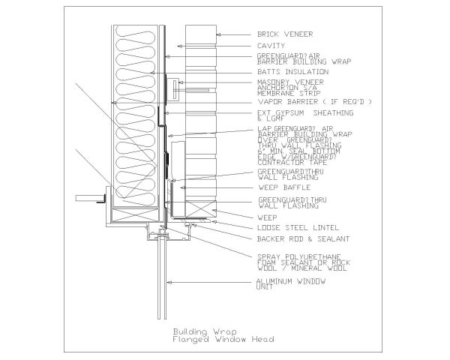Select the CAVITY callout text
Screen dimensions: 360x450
[271, 45]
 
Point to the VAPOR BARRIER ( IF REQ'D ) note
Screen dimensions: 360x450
[314, 101]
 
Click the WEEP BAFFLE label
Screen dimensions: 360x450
[279, 186]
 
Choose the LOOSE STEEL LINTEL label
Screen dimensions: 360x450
[293, 226]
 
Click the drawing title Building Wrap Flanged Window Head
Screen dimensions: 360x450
[223, 334]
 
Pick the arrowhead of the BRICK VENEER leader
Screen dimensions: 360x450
[217, 34]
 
